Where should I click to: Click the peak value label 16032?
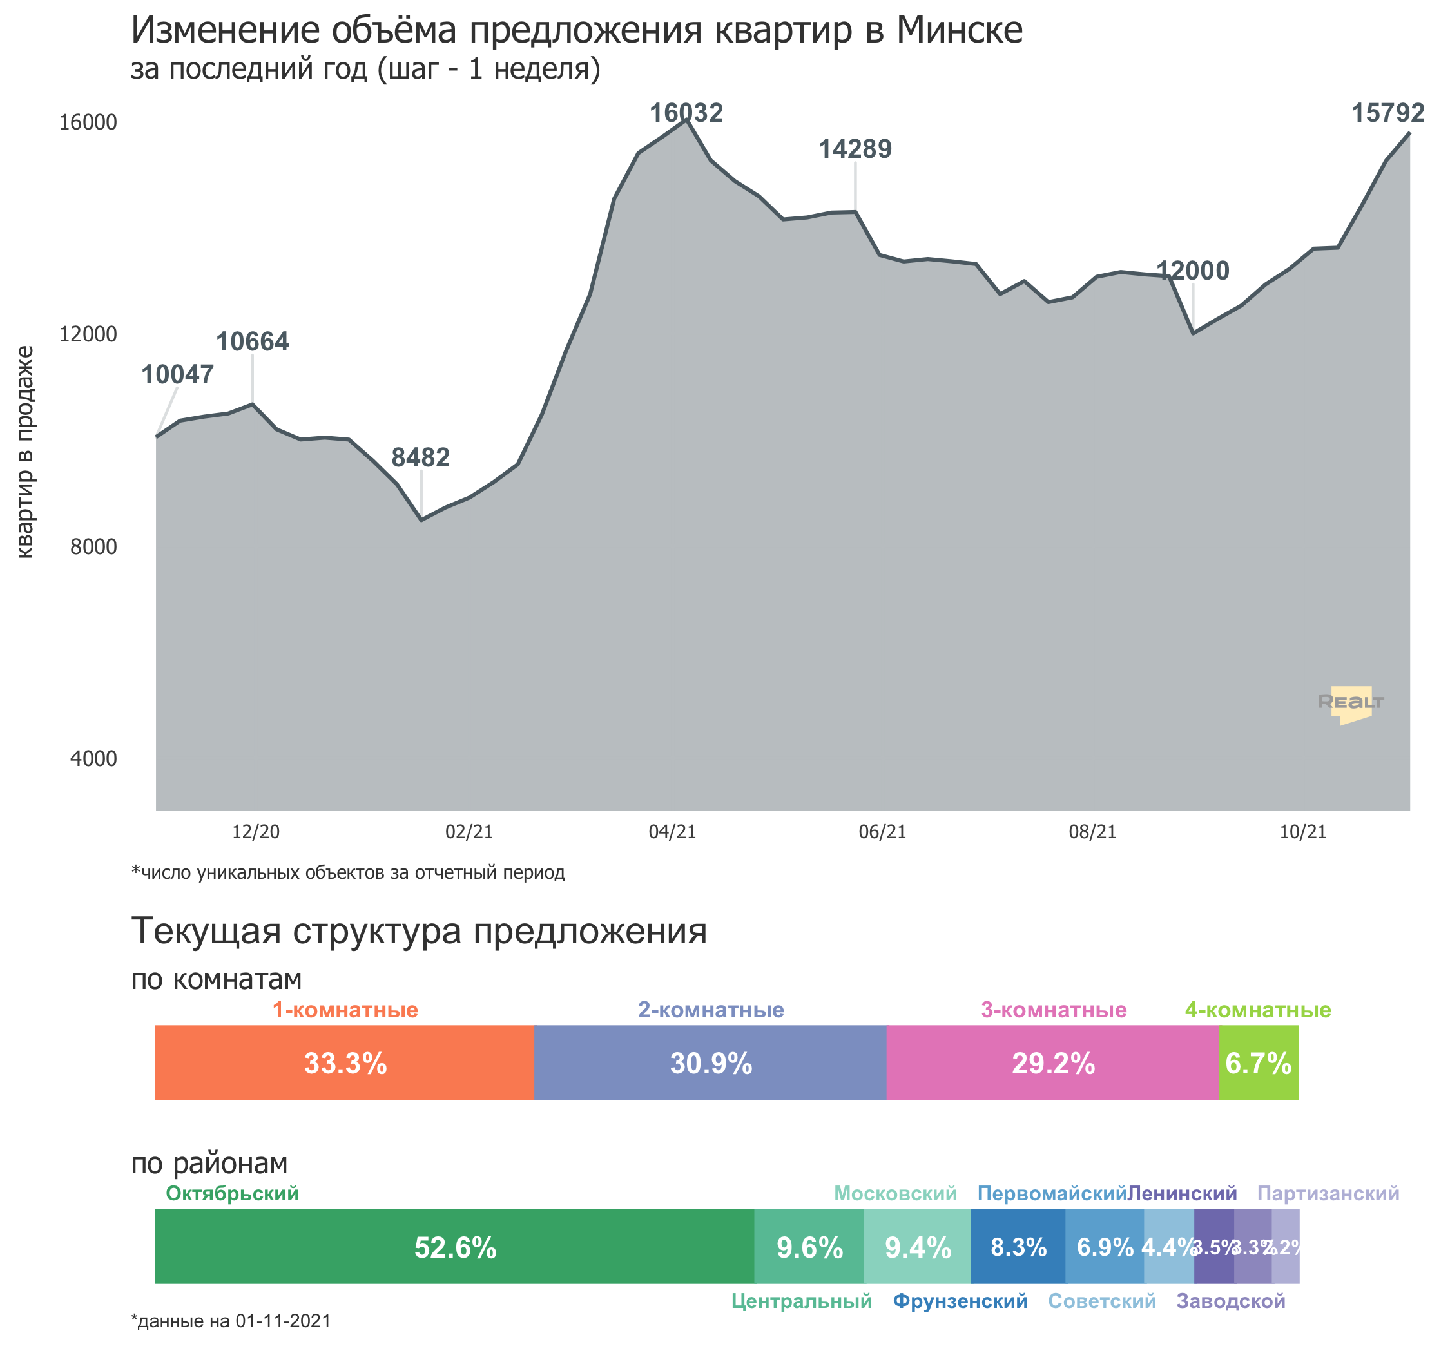[686, 112]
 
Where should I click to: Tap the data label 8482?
[420, 457]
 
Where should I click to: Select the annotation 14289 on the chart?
[855, 149]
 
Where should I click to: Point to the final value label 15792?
[1388, 112]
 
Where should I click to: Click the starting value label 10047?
[177, 374]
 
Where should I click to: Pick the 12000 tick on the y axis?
[88, 334]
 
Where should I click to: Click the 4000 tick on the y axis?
[93, 758]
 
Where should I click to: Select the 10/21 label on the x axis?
[1302, 832]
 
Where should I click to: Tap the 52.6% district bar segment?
[454, 1247]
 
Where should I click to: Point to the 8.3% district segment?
[1018, 1247]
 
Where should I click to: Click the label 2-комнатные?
[711, 1010]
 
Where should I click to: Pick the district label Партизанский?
[1328, 1193]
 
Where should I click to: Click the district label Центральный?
[801, 1301]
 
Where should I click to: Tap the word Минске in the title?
[959, 31]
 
